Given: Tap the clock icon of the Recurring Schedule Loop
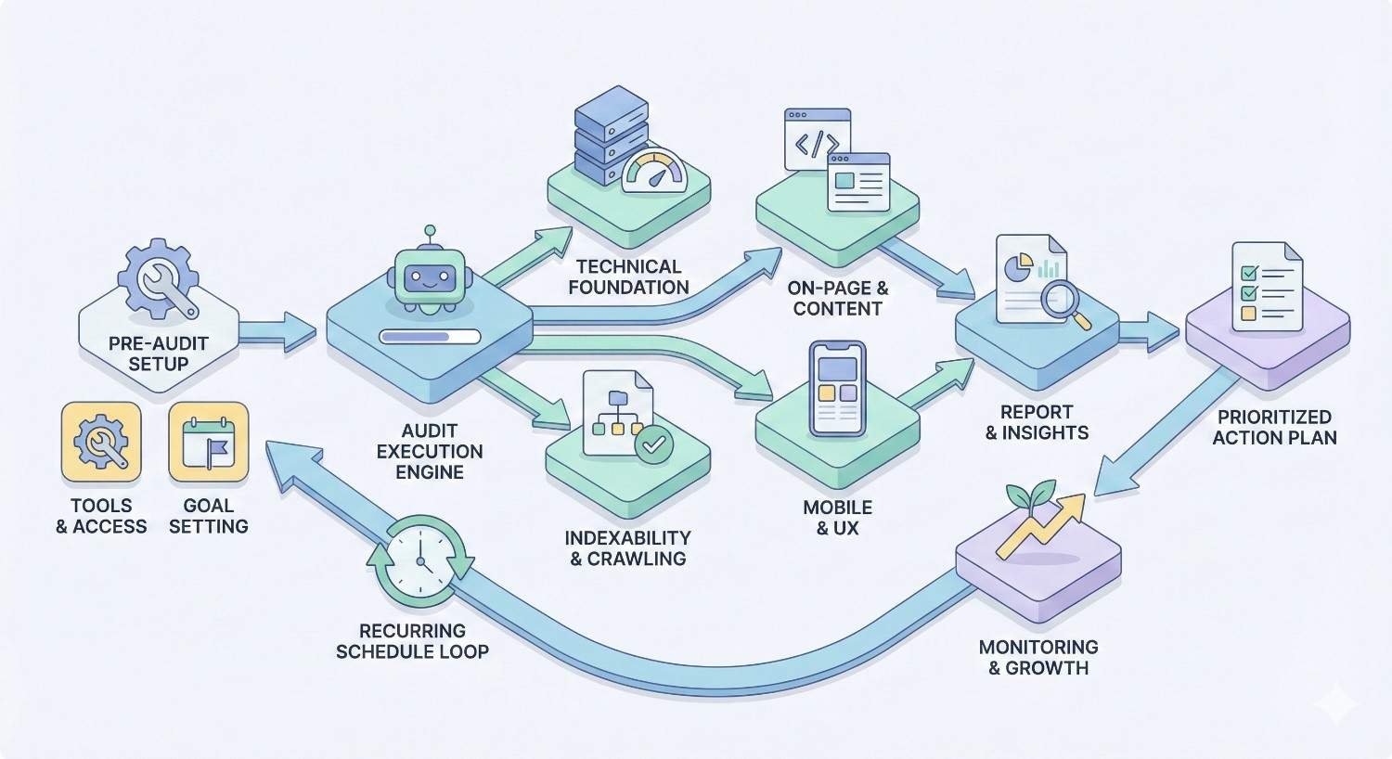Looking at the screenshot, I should coord(420,556).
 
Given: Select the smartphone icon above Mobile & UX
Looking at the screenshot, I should coord(837,389).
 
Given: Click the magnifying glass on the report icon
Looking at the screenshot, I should coord(1063,303).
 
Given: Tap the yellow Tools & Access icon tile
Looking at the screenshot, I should coord(101,443).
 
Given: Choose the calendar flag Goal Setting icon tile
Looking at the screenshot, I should coord(209,443).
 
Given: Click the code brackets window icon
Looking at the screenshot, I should coord(818,140).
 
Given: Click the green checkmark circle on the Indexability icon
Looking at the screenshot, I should coord(654,445).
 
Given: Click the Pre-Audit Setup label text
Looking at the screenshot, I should coord(158,354).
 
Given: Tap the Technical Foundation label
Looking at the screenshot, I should coord(628,277).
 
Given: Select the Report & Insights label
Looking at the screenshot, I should coord(1037,422).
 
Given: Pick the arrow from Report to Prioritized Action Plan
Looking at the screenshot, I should coord(1149,331).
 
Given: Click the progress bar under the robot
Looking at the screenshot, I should coord(430,337).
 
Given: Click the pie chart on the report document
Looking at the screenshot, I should coord(1019,267).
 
